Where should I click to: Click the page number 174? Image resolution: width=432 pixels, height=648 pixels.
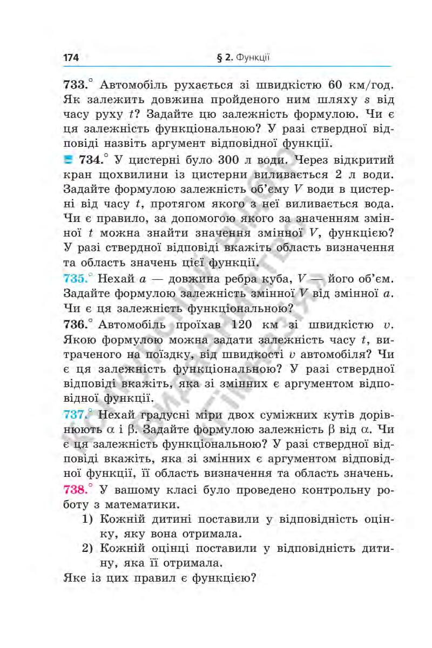(x=71, y=57)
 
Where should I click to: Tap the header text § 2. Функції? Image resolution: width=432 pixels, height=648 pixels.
(x=243, y=57)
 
